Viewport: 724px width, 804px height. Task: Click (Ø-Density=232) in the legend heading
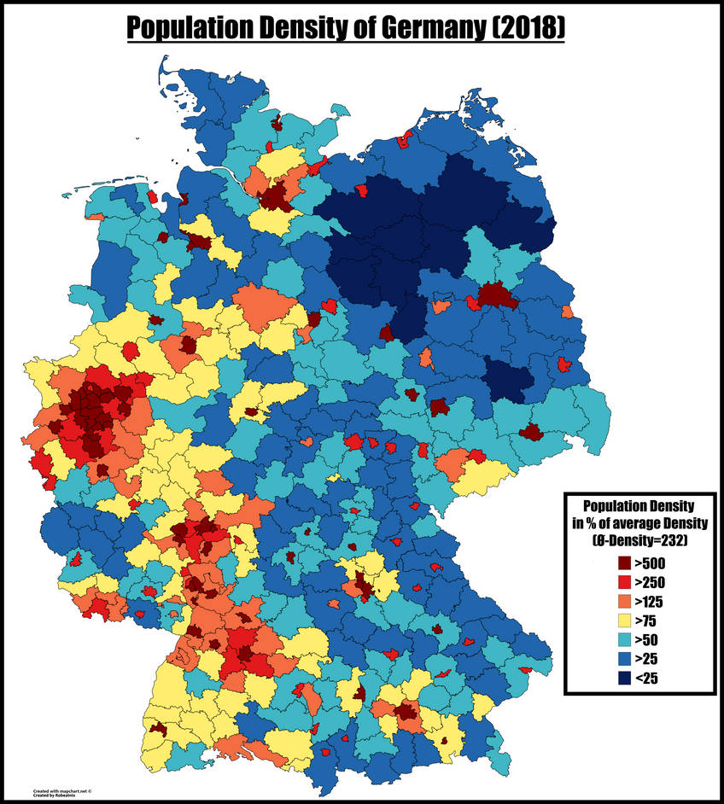[642, 539]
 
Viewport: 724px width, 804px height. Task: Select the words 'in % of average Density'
[642, 521]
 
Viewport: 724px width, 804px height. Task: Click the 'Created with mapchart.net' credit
[61, 791]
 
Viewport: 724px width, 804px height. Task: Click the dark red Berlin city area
[493, 295]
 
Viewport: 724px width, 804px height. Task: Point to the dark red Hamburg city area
[275, 198]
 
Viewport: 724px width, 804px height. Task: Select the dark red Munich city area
[406, 711]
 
